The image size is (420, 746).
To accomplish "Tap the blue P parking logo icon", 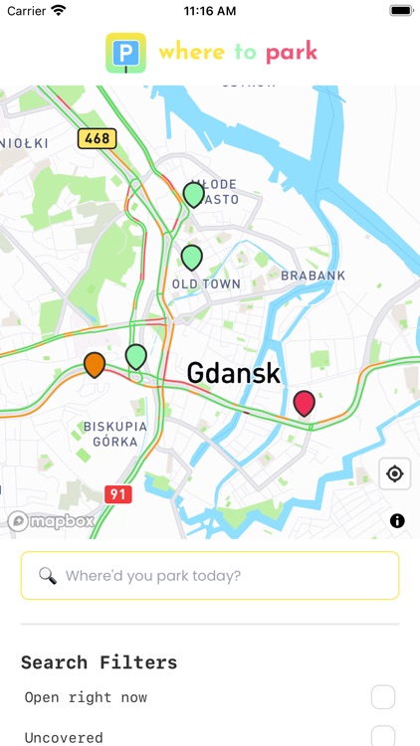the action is click(126, 53).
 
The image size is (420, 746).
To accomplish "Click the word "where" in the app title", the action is click(192, 51).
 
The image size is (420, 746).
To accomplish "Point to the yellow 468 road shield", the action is click(97, 138).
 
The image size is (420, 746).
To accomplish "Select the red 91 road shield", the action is click(117, 493).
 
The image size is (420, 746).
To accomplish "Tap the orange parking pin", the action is click(95, 365).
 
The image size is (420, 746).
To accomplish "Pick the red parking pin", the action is click(305, 403).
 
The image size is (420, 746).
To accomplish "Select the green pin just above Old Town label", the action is click(192, 258).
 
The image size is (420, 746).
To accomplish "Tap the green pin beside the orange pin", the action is click(136, 356).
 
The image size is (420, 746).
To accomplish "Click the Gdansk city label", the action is click(234, 374).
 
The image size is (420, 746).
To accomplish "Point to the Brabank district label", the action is click(313, 276).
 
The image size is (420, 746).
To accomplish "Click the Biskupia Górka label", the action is click(114, 434).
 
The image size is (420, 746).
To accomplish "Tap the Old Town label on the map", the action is click(206, 283).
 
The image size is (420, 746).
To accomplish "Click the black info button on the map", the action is click(397, 520).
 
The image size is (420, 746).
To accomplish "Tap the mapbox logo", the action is click(52, 520).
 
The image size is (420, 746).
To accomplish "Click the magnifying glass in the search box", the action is click(47, 575).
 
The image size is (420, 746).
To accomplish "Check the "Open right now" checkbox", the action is click(383, 697).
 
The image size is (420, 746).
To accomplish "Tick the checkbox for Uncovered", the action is click(383, 737).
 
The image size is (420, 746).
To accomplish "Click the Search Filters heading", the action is click(100, 662).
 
